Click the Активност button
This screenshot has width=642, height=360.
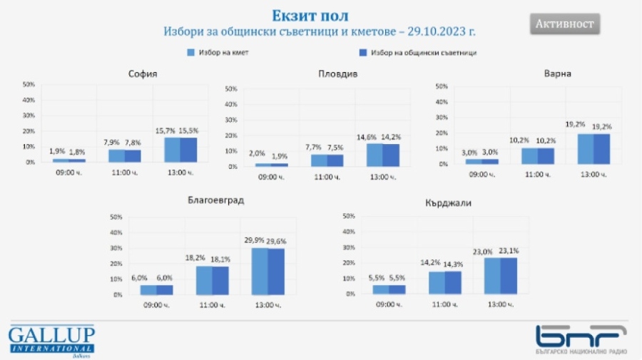coord(565,24)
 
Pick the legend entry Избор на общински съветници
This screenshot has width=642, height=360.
coord(418,53)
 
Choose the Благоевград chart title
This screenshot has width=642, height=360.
coord(215,200)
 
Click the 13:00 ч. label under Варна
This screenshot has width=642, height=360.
coord(593,173)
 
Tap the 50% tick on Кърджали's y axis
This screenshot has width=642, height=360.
coord(350,216)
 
